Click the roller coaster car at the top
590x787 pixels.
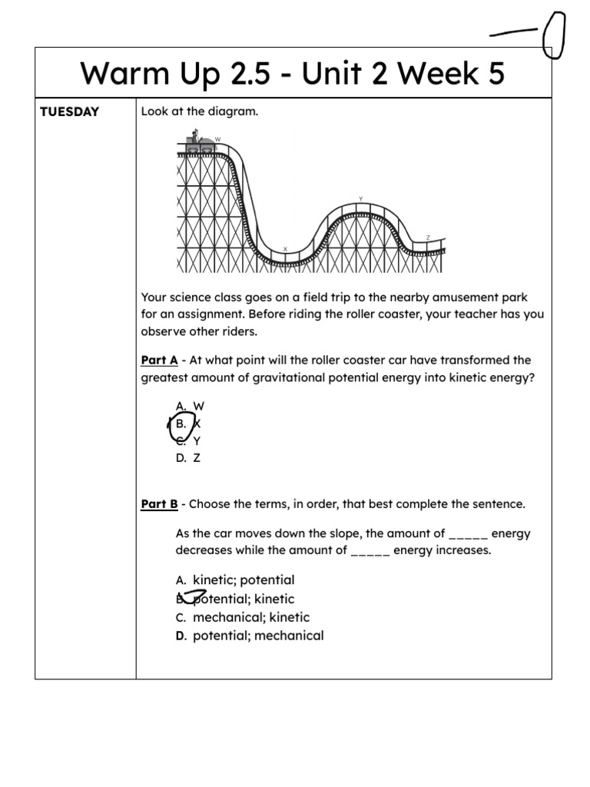pos(199,143)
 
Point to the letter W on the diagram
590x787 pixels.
pos(217,139)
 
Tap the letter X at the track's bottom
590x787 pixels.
pos(285,248)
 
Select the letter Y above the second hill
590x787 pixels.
pos(360,198)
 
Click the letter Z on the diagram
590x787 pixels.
pos(428,237)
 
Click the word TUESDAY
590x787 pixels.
pos(70,112)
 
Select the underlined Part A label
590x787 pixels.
pos(159,360)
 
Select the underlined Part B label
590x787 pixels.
pos(159,505)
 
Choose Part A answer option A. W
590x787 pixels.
pos(190,406)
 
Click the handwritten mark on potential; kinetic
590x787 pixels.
pos(192,596)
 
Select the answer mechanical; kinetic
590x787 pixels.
pos(250,617)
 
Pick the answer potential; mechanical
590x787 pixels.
pos(257,636)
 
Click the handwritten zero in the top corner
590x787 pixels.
pos(553,35)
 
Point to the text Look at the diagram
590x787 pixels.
pos(200,112)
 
